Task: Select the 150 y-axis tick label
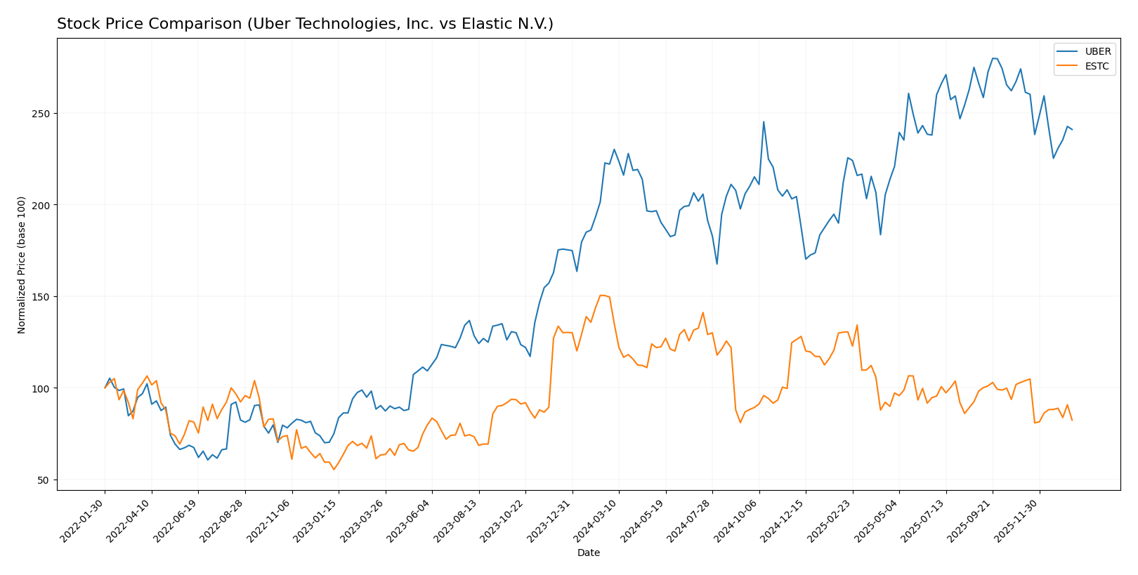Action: pos(43,297)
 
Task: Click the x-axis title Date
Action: pos(588,553)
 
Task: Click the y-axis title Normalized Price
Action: pos(22,265)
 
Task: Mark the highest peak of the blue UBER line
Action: pos(993,58)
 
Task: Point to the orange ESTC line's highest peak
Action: pos(601,295)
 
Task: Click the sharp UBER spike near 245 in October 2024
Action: pos(764,121)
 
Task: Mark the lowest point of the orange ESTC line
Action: pos(334,469)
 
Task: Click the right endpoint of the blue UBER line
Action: pos(1072,129)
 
